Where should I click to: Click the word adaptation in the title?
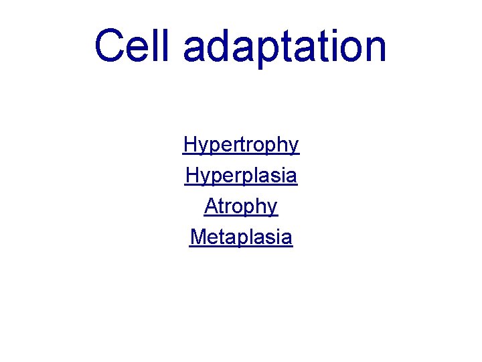click(x=284, y=47)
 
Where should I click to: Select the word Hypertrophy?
click(x=241, y=145)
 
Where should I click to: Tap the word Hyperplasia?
click(x=241, y=176)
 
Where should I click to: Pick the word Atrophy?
click(x=241, y=206)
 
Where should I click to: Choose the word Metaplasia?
click(x=241, y=237)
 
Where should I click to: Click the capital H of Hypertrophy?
click(x=189, y=144)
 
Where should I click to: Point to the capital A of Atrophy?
click(x=211, y=206)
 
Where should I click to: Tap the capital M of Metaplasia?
click(x=197, y=237)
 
